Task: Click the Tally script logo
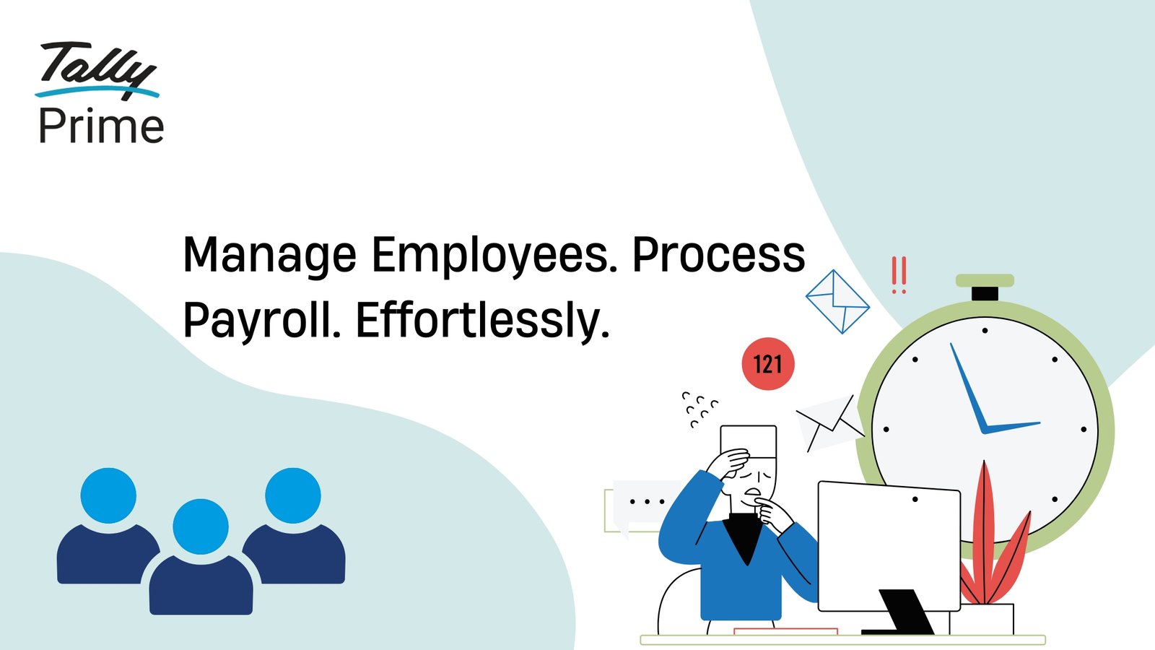coord(97,70)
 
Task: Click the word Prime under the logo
coord(102,126)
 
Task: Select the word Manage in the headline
coord(270,256)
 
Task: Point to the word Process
coord(719,255)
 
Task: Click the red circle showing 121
coord(768,364)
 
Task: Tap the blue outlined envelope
coord(837,302)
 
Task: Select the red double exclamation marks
coord(899,275)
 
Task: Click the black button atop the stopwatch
coord(985,293)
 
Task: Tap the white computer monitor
coord(889,547)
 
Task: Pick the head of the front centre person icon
coord(201,526)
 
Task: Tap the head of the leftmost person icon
coord(108,495)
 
